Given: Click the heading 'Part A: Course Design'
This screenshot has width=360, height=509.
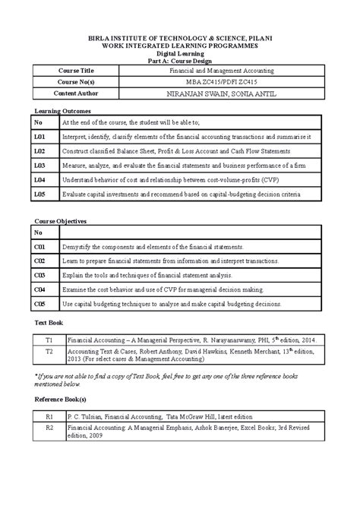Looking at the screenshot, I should click(x=180, y=61).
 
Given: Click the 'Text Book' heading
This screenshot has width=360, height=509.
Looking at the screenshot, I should click(x=49, y=323).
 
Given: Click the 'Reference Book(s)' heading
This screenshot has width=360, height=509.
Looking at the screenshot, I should click(x=61, y=398).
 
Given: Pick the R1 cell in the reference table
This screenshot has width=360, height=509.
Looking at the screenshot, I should click(x=49, y=416).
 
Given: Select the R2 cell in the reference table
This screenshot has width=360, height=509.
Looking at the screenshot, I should click(x=49, y=428).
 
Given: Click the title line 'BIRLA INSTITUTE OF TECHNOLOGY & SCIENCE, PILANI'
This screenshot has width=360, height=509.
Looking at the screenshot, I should click(x=180, y=37).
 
